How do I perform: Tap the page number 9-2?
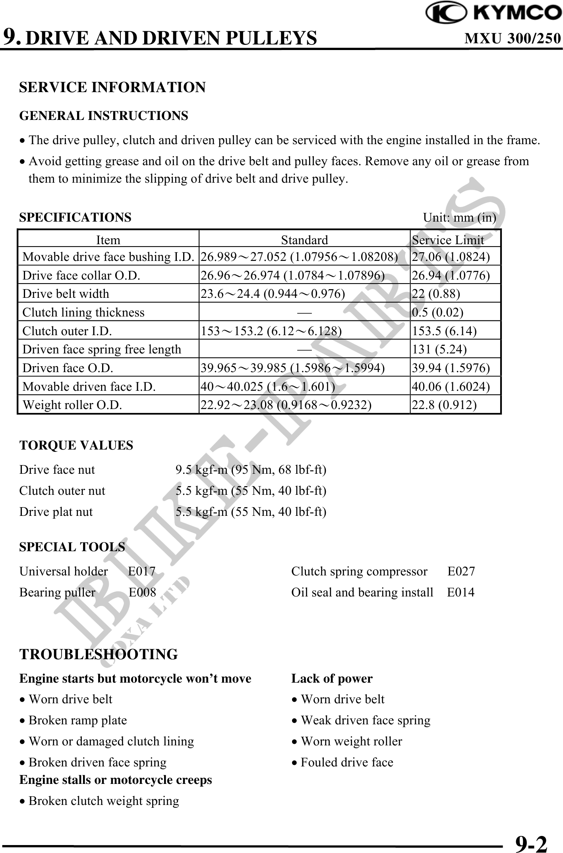tap(531, 843)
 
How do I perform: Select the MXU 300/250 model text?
tap(513, 38)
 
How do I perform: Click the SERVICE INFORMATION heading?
tap(112, 87)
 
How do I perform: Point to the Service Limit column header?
tap(448, 240)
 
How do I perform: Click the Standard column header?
tap(304, 240)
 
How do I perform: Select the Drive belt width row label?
tap(66, 293)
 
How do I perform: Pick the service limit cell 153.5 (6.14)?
tap(444, 331)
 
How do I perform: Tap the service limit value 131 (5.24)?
tap(439, 349)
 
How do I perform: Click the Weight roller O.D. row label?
tap(72, 405)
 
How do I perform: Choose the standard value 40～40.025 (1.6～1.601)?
tap(268, 386)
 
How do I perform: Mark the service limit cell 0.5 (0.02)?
tap(437, 312)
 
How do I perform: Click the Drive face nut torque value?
tap(251, 470)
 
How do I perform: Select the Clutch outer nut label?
tap(62, 491)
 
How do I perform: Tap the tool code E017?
tap(142, 571)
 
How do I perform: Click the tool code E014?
tap(460, 592)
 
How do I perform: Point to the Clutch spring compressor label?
tap(359, 571)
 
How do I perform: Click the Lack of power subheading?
tap(332, 679)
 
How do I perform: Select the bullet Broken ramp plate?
tap(77, 720)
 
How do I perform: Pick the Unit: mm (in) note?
tap(459, 218)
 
